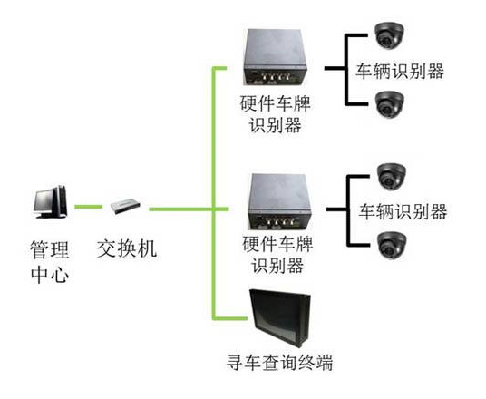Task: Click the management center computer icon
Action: (x=50, y=202)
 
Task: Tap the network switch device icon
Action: (x=125, y=207)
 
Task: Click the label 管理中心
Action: (x=50, y=262)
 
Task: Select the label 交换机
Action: (x=127, y=248)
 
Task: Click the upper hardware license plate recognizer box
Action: (x=276, y=58)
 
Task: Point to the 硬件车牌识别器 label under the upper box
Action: (x=276, y=114)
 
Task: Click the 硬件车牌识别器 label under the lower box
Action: (x=277, y=255)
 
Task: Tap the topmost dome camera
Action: (x=389, y=35)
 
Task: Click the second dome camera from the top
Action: (x=390, y=104)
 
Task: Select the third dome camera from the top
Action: (x=392, y=176)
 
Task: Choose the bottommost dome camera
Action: (x=392, y=245)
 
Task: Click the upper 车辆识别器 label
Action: (x=400, y=71)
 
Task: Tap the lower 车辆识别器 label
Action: (x=403, y=211)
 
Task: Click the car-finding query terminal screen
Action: (x=280, y=318)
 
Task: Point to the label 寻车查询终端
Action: (x=280, y=362)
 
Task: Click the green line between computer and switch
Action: (x=88, y=207)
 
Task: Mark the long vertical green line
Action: (x=214, y=193)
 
